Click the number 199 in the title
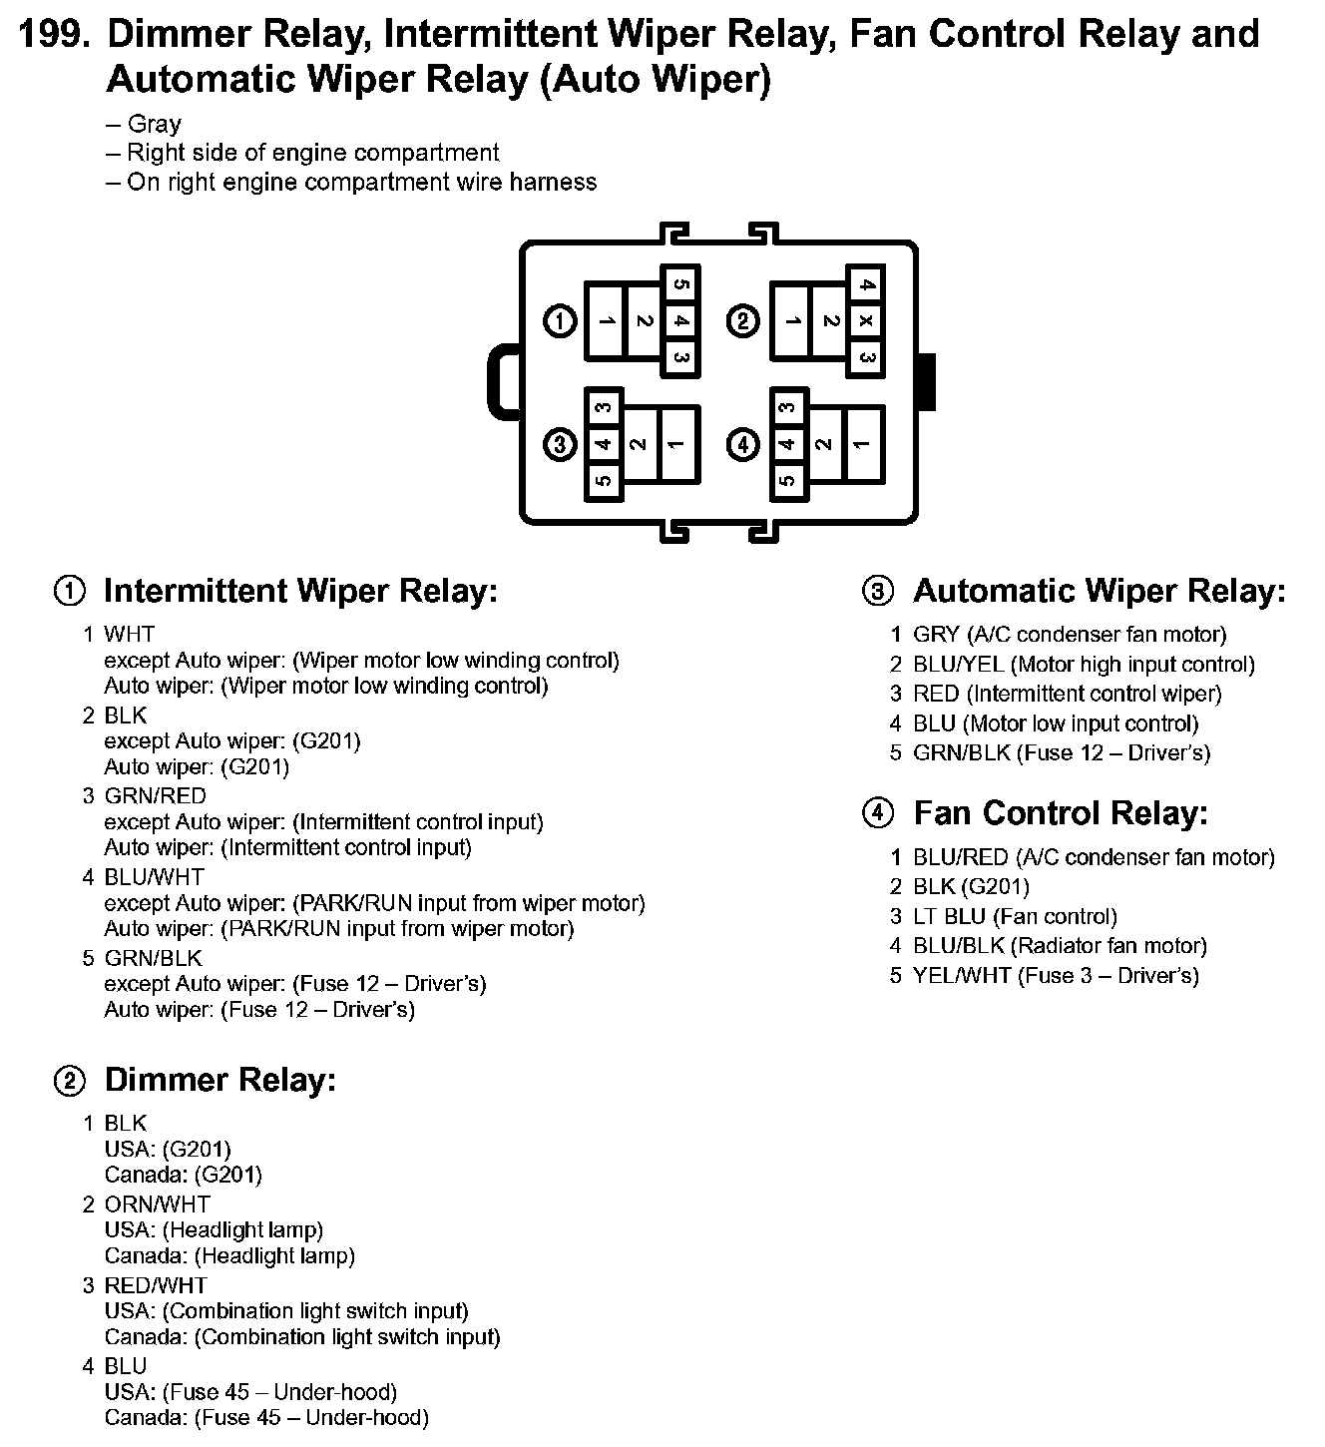pos(55,35)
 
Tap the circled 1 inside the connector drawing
pos(561,321)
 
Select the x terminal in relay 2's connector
pos(866,321)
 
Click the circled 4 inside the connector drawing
pos(744,443)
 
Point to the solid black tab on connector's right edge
pos(927,381)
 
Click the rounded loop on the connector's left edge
pos(502,381)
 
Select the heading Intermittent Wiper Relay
pos(300,591)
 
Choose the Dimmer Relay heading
pos(220,1080)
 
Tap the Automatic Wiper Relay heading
pos(1099,591)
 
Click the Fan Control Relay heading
pos(1060,813)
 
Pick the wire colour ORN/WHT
pos(157,1205)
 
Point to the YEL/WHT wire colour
pos(962,975)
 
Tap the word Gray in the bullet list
pos(155,124)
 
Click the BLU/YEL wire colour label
pos(959,664)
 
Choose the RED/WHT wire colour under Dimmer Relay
pos(156,1285)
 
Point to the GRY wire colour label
pos(936,634)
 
